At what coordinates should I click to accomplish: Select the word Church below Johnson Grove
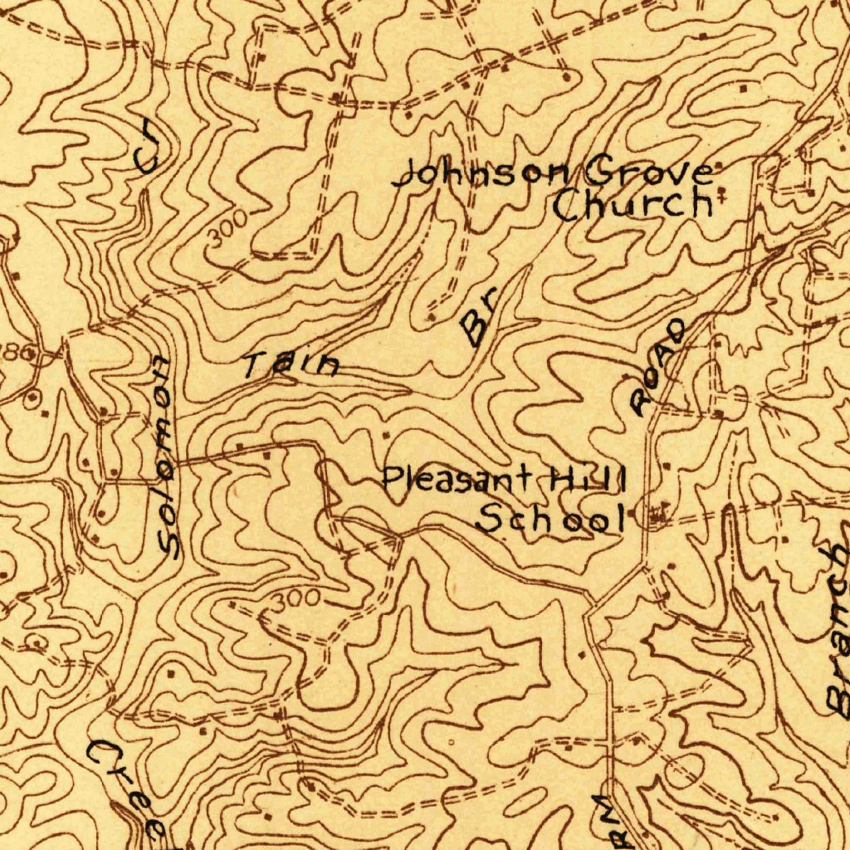[x=633, y=204]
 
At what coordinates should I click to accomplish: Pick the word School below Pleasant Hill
[x=550, y=520]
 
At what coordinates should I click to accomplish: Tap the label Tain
[x=291, y=364]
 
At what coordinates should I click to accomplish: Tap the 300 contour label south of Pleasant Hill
[x=296, y=598]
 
